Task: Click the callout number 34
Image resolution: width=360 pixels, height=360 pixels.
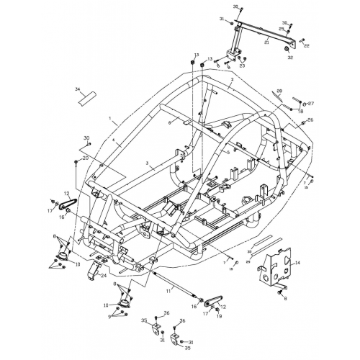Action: click(77, 89)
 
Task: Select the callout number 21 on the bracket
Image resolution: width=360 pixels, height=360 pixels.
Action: click(266, 42)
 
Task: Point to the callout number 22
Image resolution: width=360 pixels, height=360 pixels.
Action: click(307, 45)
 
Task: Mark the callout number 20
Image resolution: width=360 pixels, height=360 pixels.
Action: click(86, 158)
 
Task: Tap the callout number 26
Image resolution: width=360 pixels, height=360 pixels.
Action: click(310, 120)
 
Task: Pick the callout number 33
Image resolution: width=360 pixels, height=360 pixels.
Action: click(250, 252)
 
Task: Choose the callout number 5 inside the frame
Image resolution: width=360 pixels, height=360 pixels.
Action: click(228, 153)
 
